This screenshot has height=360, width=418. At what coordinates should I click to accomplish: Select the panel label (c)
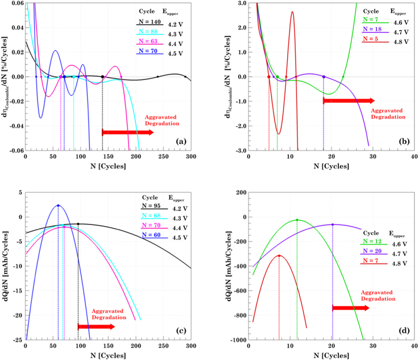[x=180, y=331]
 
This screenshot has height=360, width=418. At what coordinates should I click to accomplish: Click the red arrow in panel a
[x=127, y=132]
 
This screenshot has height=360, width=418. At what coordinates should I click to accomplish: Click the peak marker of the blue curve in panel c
[x=58, y=205]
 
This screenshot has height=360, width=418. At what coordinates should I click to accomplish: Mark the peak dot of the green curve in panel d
[x=297, y=220]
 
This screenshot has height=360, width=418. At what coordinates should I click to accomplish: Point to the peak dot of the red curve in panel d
[x=279, y=256]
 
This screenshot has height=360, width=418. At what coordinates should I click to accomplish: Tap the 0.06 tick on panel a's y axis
[x=15, y=3]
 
